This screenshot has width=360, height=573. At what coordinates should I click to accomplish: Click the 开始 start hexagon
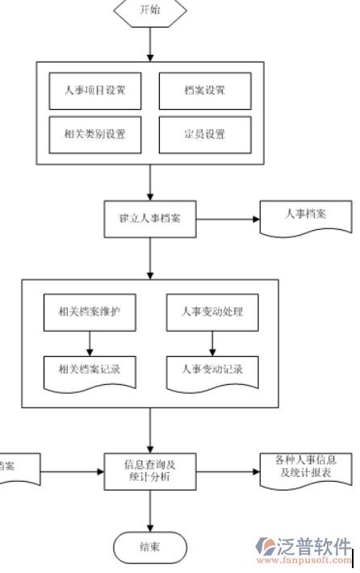pos(150,10)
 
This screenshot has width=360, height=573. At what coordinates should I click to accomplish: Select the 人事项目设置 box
pos(94,90)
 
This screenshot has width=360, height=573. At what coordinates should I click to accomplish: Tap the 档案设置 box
pos(204,90)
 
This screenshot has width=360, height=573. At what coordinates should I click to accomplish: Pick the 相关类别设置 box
pos(94,133)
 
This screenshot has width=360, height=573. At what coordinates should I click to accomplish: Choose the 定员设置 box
pos(204,133)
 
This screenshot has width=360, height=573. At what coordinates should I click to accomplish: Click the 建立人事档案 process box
pos(150,218)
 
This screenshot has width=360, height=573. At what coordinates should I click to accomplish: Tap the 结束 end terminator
pos(150,546)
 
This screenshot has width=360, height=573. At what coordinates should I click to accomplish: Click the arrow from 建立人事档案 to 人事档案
pos(226,219)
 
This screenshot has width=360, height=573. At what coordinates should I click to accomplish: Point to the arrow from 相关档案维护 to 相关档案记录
pos(90,344)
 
